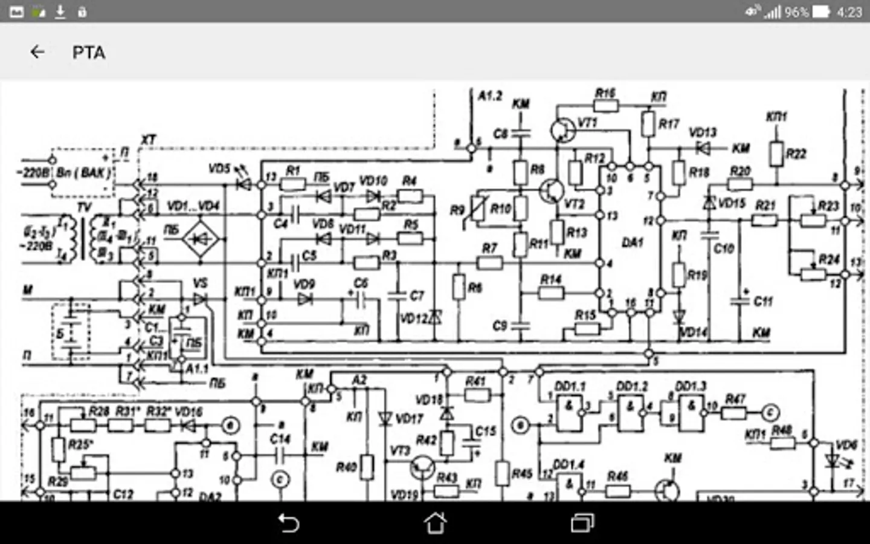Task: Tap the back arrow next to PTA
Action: pos(37,53)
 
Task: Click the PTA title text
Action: pos(89,53)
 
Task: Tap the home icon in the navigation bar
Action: pos(435,523)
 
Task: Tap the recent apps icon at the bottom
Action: pos(582,523)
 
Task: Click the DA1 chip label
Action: pos(632,242)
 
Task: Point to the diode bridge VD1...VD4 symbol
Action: pos(201,239)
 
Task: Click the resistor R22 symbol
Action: pos(776,154)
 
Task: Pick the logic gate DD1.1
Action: pos(569,413)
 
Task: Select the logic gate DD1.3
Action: pos(691,413)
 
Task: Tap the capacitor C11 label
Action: pos(762,301)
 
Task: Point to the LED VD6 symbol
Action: pos(832,461)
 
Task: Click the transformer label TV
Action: pos(84,207)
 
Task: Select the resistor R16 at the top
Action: pos(606,106)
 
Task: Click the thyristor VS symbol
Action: pos(199,299)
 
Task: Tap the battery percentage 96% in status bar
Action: pos(796,12)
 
